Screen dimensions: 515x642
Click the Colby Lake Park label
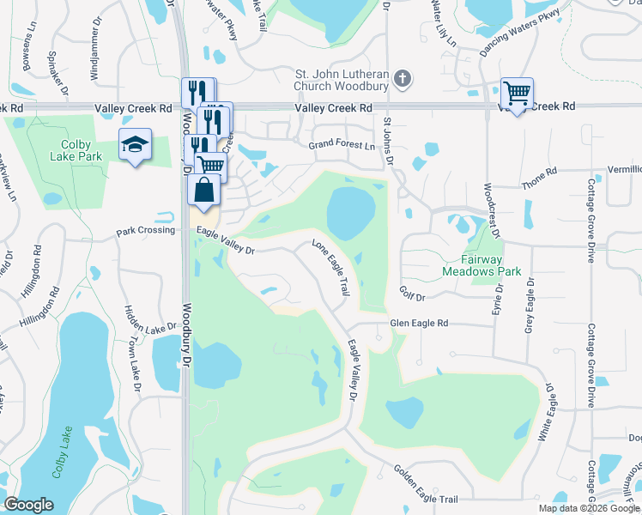tap(82, 150)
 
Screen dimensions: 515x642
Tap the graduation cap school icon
tap(135, 146)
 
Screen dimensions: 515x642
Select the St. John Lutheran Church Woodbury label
tap(342, 81)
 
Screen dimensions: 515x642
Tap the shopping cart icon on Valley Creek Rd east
tap(517, 94)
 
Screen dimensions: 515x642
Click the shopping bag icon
tap(203, 190)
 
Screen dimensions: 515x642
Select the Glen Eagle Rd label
tap(420, 324)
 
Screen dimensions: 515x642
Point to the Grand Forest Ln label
tap(342, 146)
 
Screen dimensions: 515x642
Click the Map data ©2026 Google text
tap(588, 508)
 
